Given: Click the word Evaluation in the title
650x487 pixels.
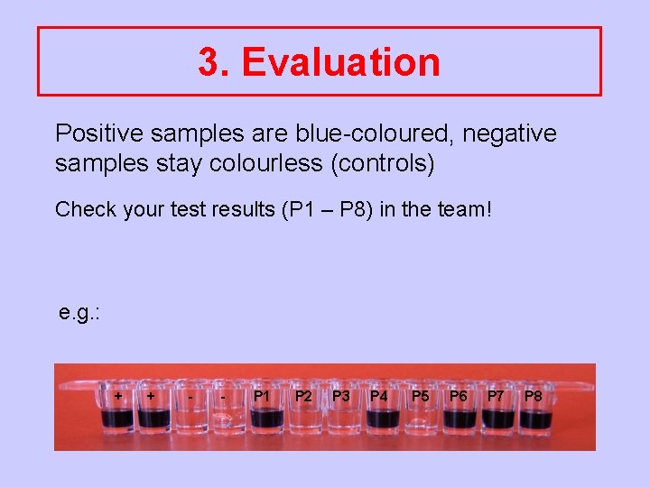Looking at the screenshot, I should coord(341,62).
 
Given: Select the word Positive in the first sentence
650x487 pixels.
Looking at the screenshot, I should coord(99,133).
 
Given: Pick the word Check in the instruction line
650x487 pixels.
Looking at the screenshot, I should coord(86,209).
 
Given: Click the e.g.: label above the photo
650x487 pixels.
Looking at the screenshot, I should coord(79,313).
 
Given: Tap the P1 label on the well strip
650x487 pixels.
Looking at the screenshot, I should coord(262,396).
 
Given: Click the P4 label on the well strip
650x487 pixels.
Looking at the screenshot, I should coord(379,396).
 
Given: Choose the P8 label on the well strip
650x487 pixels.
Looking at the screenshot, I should coord(534,396).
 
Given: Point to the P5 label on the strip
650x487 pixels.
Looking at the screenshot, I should coord(421,396).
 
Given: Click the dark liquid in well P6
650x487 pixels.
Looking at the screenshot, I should coord(460,419).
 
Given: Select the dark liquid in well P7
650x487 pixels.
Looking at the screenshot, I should coord(497,419).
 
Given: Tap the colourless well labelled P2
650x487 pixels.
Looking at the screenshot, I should coord(304,419).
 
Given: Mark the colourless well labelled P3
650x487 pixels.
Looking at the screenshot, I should coord(341,419).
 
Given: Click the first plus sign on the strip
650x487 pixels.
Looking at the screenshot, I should coord(118,396).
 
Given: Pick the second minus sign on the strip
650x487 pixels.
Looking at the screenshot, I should coord(222,396).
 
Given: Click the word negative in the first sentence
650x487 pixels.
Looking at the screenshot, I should coord(512,133).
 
